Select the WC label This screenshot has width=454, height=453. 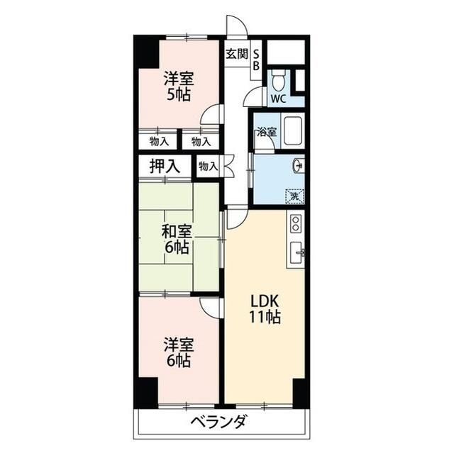coord(278,99)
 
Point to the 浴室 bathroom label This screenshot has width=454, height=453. coord(266,132)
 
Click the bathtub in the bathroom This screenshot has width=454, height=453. coord(291,132)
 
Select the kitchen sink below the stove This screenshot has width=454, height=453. coord(297,251)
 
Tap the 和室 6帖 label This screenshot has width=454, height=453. coord(176,239)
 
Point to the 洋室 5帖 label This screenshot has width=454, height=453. coord(178,86)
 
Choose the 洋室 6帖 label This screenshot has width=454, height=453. coord(178,352)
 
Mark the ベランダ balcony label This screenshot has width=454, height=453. coord(218,423)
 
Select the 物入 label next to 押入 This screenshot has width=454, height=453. coord(207,167)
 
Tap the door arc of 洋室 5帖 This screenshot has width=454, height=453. coord(211,113)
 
